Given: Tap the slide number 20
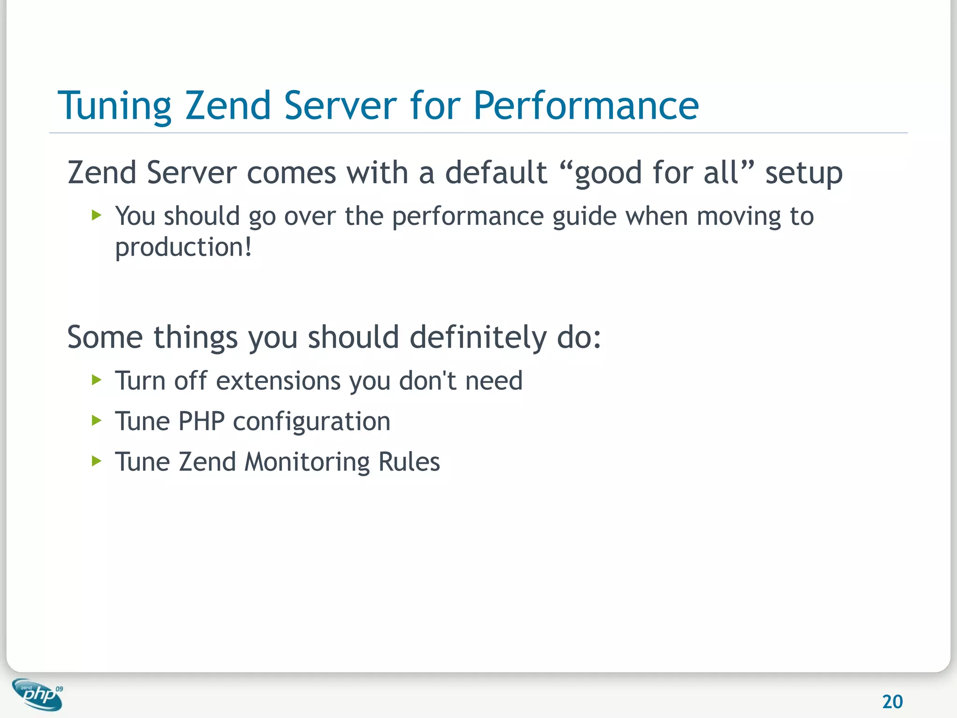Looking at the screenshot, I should point(892,702).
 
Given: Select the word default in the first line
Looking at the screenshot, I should point(496,172).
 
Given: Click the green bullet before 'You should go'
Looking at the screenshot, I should point(97,215).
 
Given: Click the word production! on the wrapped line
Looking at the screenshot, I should point(183,248).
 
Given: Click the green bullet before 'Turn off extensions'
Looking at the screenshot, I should point(97,380).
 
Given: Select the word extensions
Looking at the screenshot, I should point(278,381).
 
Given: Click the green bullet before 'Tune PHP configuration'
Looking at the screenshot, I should point(97,420).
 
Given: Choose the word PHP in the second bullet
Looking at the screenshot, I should point(201,421).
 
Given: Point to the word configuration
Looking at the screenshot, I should point(312,422).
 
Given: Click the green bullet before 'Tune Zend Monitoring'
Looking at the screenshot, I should point(97,461).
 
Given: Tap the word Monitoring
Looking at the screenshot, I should point(307,462).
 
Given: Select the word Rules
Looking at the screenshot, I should point(409,462).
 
